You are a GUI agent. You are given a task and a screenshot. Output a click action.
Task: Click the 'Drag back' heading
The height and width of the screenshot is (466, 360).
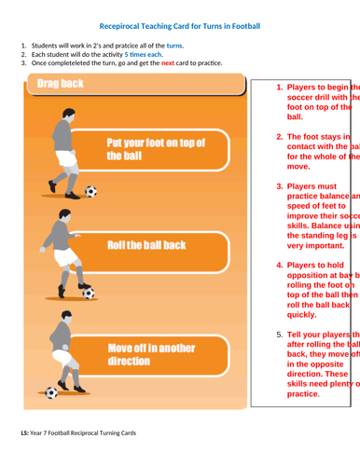[60, 85]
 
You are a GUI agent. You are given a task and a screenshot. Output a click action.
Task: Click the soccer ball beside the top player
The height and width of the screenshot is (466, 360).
[90, 192]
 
